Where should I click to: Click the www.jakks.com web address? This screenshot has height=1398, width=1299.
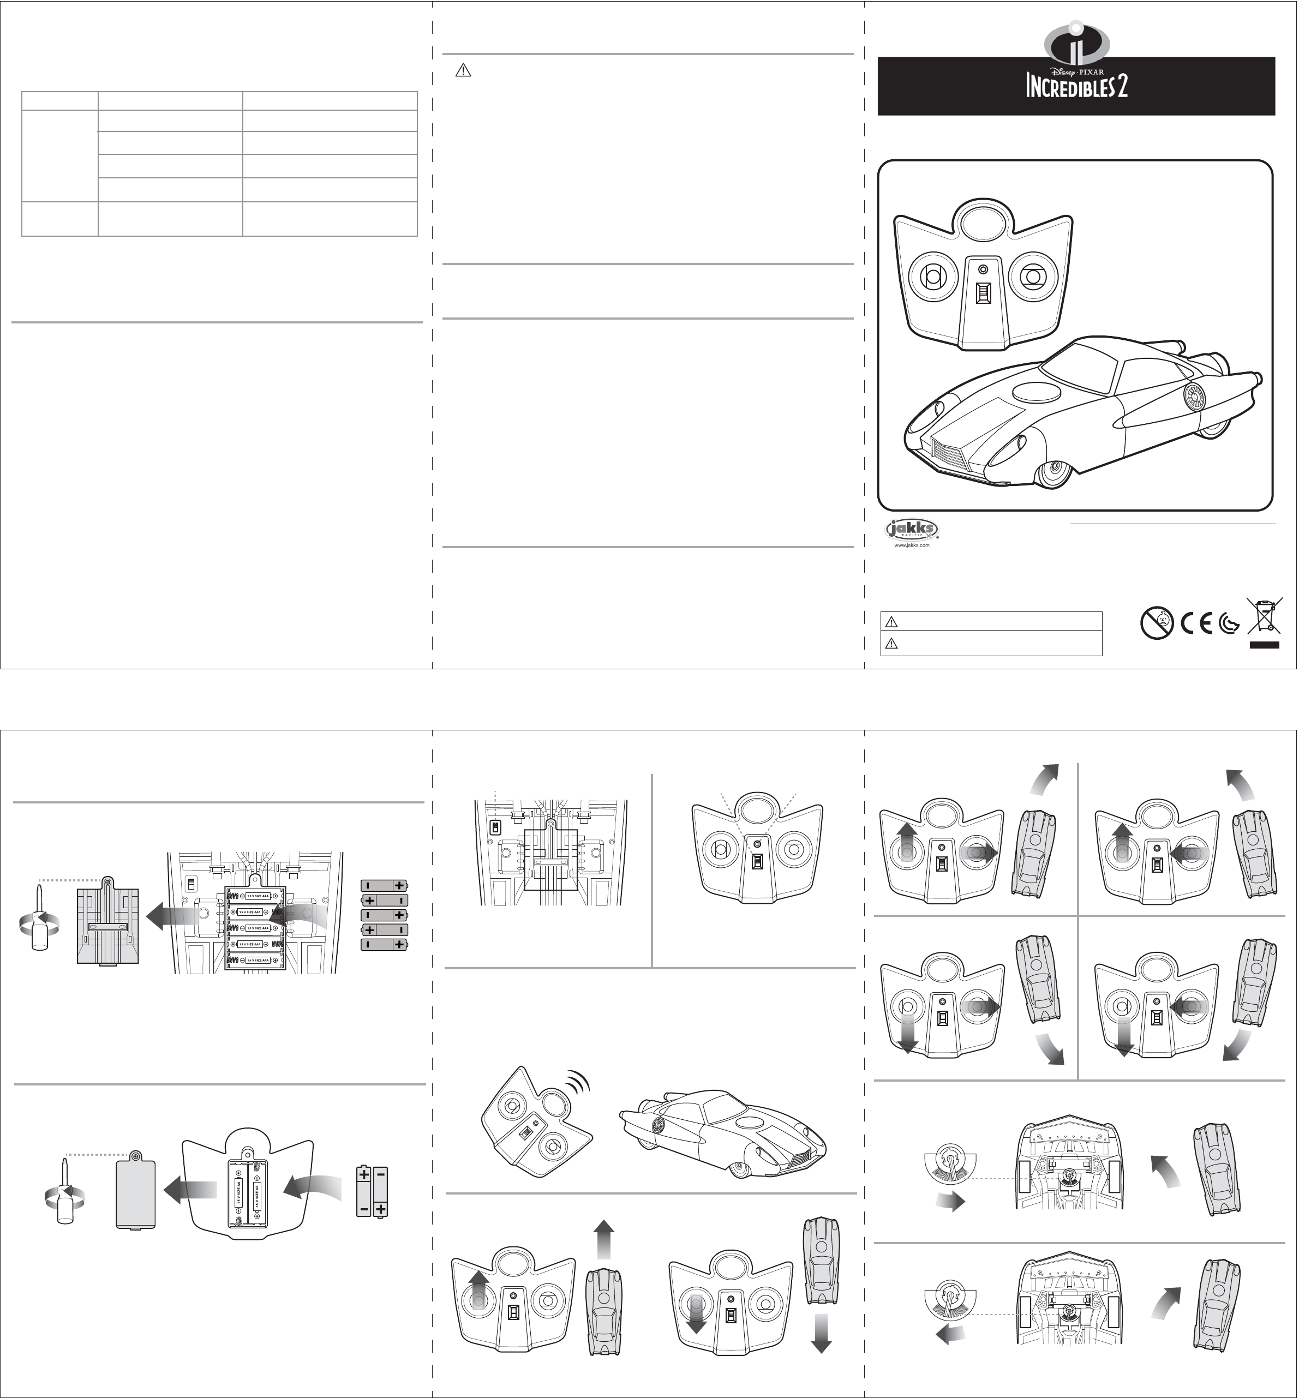pos(911,545)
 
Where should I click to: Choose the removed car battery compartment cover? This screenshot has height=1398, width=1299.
pos(107,921)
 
